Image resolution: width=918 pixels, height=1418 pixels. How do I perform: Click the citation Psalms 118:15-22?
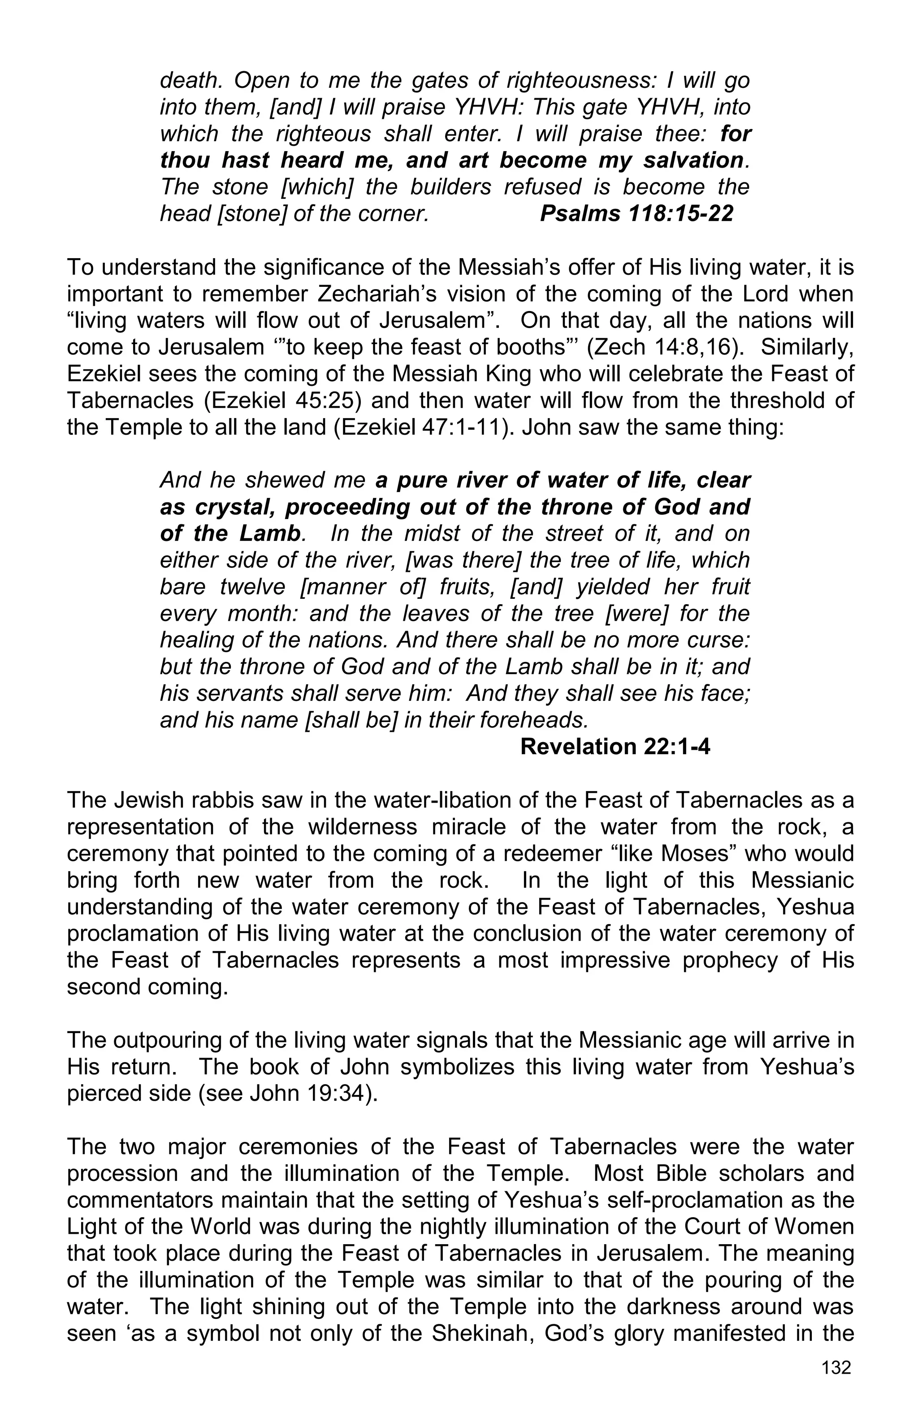(x=636, y=213)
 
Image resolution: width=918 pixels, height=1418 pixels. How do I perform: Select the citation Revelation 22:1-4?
(x=615, y=747)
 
